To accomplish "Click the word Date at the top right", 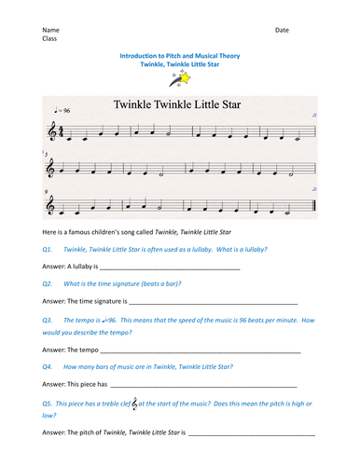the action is [x=282, y=30].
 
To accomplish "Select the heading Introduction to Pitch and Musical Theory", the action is [x=179, y=56].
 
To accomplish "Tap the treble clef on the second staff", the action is [x=50, y=169].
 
